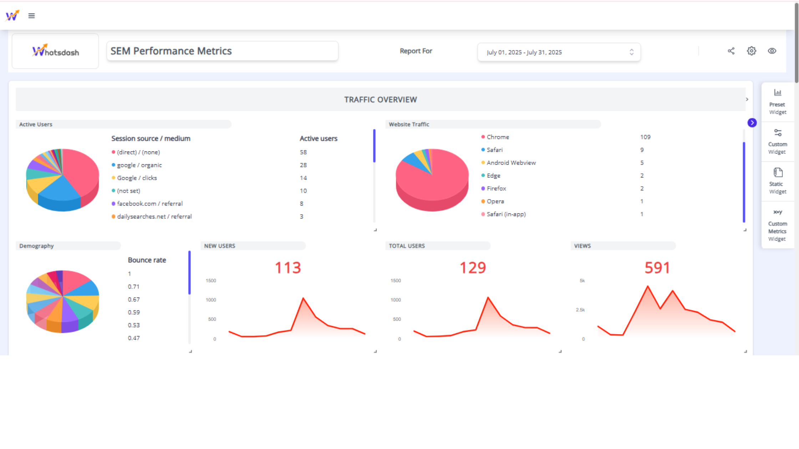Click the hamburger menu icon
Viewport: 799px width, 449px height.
(x=31, y=16)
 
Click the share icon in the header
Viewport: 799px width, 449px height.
(x=731, y=51)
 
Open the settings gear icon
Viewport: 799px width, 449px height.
(x=751, y=51)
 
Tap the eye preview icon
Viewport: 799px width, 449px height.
(x=772, y=51)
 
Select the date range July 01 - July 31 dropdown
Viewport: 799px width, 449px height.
(x=559, y=52)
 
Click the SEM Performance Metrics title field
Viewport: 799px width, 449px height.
(x=222, y=51)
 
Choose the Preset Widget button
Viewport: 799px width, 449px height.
(x=777, y=102)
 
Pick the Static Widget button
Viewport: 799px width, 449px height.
(x=777, y=181)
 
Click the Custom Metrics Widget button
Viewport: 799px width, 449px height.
(x=777, y=225)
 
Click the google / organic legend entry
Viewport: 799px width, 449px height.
(x=139, y=165)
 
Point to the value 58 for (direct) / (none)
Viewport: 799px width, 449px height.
(x=303, y=152)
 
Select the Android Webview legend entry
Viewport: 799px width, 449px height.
(x=511, y=162)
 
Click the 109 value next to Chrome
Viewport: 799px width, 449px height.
(x=645, y=137)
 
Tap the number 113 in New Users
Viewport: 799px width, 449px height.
(x=288, y=268)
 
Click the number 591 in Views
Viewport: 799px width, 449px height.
(x=657, y=268)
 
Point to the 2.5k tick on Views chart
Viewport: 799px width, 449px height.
(x=580, y=310)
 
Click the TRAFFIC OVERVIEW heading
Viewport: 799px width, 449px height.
(x=380, y=99)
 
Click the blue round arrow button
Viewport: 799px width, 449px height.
(x=752, y=123)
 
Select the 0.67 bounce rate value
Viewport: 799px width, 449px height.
(x=134, y=299)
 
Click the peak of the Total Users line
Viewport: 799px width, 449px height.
(x=488, y=297)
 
